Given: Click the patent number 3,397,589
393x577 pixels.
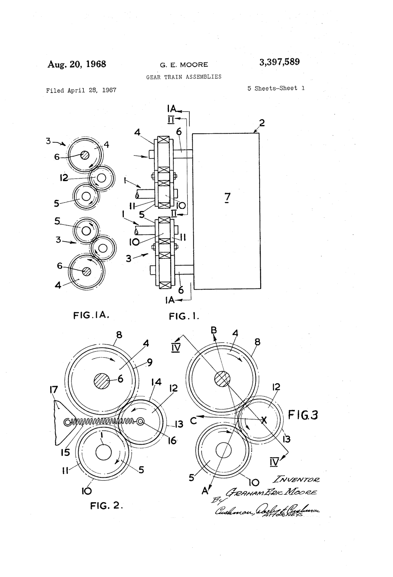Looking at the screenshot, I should (279, 62).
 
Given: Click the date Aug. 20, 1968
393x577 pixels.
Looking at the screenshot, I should (77, 64).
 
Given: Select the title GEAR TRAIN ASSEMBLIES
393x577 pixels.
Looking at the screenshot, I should (184, 77).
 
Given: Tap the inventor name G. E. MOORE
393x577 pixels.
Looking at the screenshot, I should (184, 65).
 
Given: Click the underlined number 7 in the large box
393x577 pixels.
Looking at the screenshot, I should (227, 197).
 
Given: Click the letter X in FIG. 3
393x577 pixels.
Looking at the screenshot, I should (264, 420).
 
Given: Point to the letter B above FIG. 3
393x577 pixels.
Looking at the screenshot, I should (214, 330).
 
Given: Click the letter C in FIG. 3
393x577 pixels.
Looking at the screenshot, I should (194, 420).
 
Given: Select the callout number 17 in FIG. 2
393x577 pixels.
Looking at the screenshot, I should (53, 390).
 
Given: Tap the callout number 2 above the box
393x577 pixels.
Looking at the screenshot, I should (262, 123).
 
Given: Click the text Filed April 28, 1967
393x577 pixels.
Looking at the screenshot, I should (81, 90).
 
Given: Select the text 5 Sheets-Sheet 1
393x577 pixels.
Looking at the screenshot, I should (276, 88).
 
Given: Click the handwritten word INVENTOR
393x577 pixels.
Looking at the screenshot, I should (297, 480).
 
